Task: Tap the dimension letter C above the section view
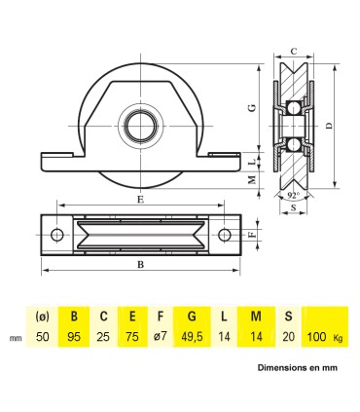[292, 48]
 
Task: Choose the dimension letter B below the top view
[142, 263]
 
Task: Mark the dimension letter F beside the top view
[252, 234]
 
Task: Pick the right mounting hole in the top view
[225, 234]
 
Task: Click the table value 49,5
[193, 336]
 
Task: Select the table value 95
[74, 336]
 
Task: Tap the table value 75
[131, 336]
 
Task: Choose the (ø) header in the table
[42, 316]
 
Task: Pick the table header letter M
[255, 316]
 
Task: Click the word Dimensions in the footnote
[281, 369]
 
